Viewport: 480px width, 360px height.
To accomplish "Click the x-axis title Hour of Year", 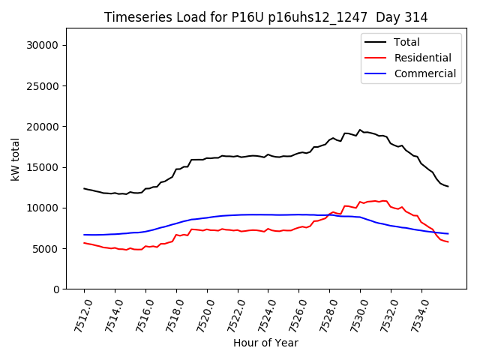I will [x=265, y=343].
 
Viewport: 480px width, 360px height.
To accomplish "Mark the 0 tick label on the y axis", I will [x=55, y=289].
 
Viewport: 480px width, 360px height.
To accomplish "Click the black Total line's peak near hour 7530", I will [x=360, y=130].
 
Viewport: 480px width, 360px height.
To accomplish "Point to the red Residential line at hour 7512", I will [x=84, y=243].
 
